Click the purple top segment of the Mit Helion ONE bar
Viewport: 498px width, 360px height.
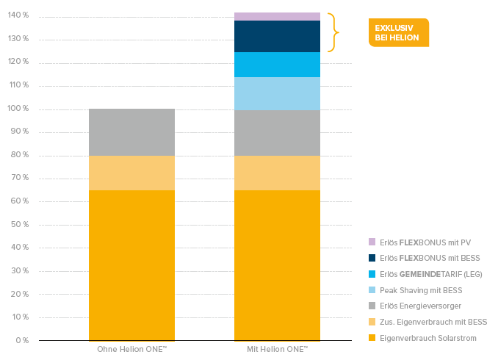click(x=277, y=16)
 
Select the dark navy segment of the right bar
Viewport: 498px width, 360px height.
click(x=277, y=36)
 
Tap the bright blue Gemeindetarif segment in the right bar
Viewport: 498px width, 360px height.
click(x=277, y=65)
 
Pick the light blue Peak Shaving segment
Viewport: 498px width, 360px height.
click(x=277, y=93)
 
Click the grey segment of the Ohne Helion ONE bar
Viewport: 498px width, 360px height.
click(x=131, y=132)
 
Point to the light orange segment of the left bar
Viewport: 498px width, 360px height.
click(x=131, y=173)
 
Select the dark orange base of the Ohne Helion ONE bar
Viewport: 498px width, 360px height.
click(x=131, y=264)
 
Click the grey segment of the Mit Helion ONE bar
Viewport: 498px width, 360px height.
click(x=277, y=132)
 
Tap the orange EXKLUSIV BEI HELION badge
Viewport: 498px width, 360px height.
click(x=397, y=32)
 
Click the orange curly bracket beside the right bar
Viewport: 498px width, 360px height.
click(x=334, y=32)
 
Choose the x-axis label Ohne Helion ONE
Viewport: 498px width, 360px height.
click(x=131, y=348)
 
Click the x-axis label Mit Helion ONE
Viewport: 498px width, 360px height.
click(x=277, y=348)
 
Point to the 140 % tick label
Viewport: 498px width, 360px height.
click(x=18, y=16)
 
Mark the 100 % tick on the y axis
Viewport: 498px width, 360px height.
click(x=18, y=109)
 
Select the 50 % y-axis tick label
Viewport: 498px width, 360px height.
click(x=19, y=225)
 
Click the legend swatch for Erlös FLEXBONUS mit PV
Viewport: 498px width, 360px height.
click(x=372, y=242)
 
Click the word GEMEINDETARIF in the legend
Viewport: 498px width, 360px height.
click(x=421, y=274)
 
